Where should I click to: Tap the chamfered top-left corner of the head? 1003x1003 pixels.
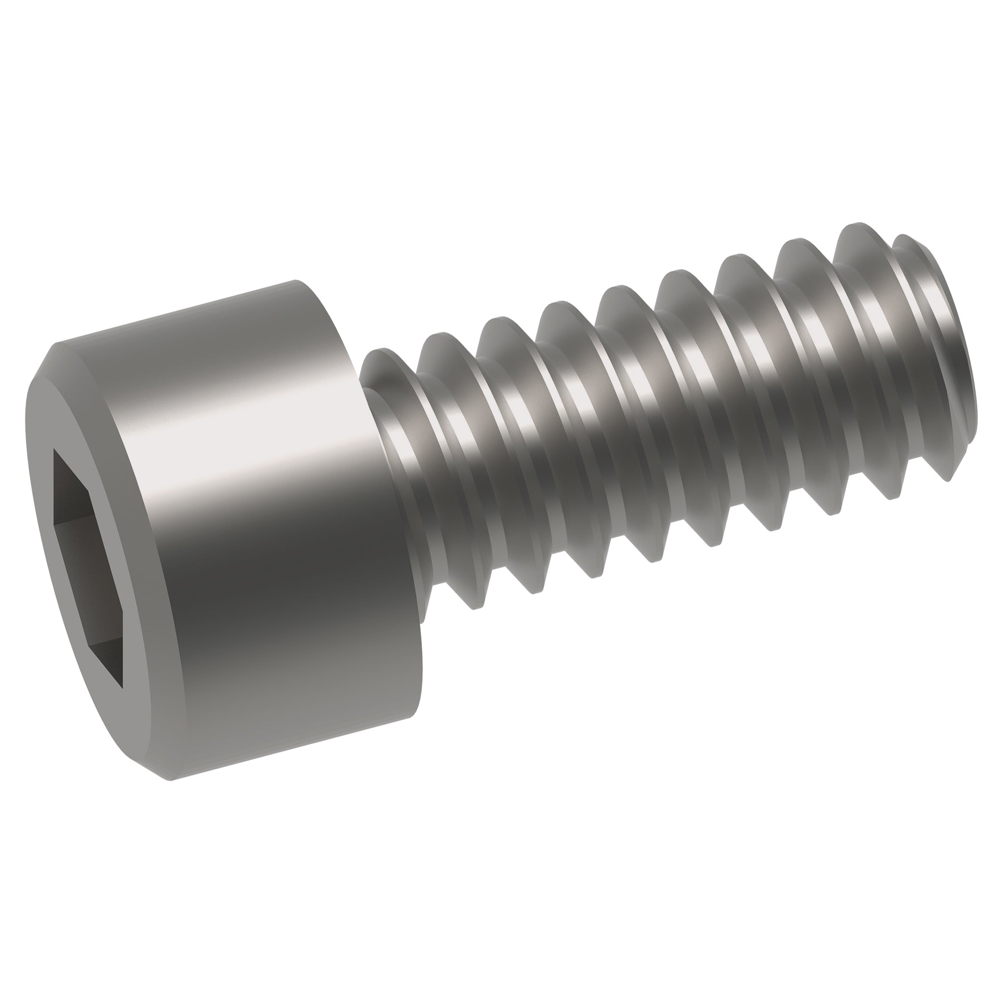pos(52,358)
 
